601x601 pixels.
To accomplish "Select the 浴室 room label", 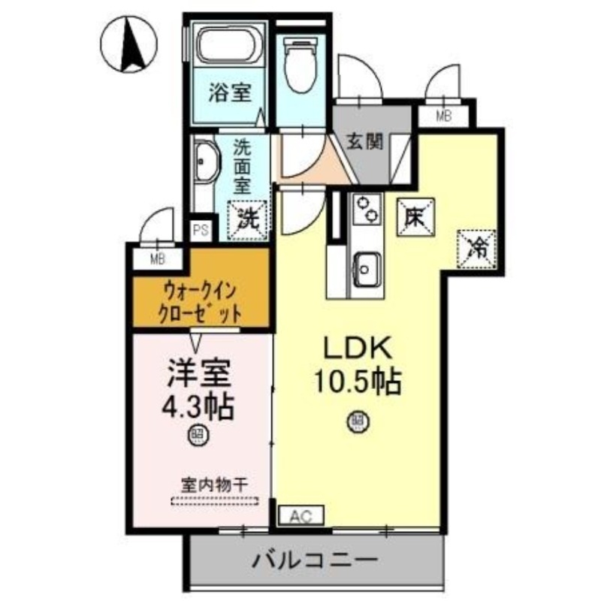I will point(229,96).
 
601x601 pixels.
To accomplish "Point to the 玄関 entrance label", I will point(366,140).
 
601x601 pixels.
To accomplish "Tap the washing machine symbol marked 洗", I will point(248,219).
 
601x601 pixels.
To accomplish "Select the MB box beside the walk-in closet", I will point(156,260).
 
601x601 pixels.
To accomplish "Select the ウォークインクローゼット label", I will point(201,300).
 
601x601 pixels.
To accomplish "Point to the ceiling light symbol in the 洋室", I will point(197,433).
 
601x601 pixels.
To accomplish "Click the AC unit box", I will point(301,515).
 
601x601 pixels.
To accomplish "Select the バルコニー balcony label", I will point(314,560).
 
